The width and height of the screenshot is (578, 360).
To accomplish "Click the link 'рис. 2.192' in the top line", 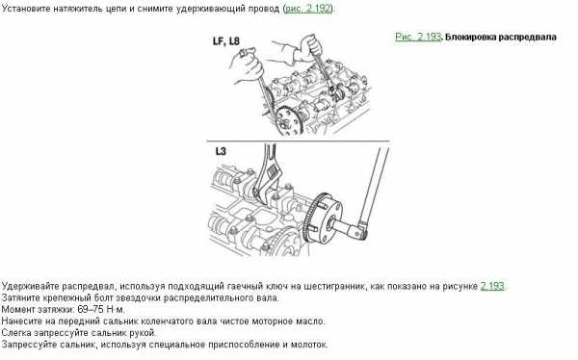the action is [308, 8].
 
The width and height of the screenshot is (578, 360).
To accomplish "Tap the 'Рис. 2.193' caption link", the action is [418, 37].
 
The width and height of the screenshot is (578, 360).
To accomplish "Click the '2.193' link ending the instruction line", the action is [492, 286].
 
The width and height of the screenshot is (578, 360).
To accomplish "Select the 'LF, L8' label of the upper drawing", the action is [226, 40].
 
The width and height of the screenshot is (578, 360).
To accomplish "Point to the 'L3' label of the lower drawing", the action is [221, 151].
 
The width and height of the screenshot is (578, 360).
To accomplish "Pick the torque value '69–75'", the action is [90, 310].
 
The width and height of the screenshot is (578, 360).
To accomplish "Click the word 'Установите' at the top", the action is [26, 9].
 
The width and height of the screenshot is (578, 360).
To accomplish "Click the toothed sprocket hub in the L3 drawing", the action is [322, 219].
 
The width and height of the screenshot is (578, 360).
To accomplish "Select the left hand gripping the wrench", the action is [249, 65].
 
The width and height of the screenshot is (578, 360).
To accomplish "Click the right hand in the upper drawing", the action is [309, 47].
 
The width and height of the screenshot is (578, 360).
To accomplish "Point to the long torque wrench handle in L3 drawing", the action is [375, 188].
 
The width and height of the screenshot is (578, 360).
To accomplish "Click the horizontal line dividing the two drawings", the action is [298, 141].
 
